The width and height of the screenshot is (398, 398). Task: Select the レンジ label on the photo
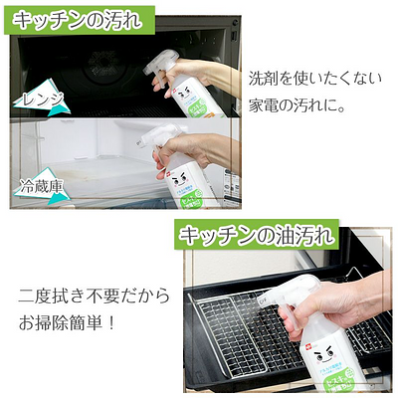coord(41,99)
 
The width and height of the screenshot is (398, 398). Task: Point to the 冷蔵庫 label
coord(42,186)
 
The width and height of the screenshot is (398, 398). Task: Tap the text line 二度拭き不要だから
coord(95,296)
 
